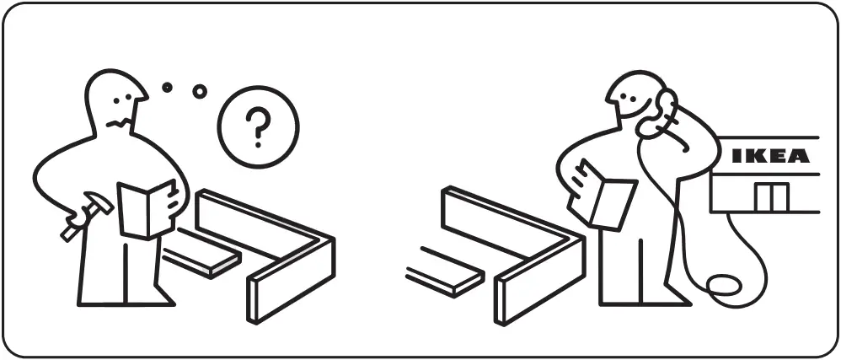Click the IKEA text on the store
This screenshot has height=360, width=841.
(x=770, y=156)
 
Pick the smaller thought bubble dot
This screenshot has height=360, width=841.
(x=167, y=87)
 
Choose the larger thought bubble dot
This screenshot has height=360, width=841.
(x=200, y=91)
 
